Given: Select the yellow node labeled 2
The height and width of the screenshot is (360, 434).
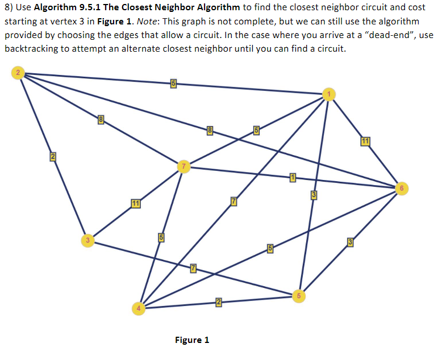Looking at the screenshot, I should (x=19, y=73).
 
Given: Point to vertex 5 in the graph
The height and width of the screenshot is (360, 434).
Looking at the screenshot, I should (x=298, y=295).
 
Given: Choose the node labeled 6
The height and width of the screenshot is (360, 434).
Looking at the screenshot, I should (x=401, y=187).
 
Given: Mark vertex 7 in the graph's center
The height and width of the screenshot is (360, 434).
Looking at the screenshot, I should (x=183, y=166).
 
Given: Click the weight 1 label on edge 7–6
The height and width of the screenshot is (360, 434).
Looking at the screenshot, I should (x=293, y=178).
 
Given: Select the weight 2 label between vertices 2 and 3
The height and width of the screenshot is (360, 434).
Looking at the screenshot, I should (x=52, y=157).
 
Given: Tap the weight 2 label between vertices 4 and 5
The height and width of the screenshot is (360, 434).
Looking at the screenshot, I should (x=218, y=301).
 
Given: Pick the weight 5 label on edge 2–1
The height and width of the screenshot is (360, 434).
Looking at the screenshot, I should (x=173, y=85).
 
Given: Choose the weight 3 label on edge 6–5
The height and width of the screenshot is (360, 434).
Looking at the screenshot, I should (x=350, y=243).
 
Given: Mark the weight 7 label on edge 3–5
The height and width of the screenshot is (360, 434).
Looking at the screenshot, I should (x=193, y=268).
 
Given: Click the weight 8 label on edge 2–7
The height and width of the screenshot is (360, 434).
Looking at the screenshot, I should (x=101, y=119).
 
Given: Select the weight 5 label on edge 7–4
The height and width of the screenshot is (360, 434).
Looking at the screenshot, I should (x=161, y=237).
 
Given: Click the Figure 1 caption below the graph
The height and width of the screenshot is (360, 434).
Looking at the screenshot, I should (x=192, y=340).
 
